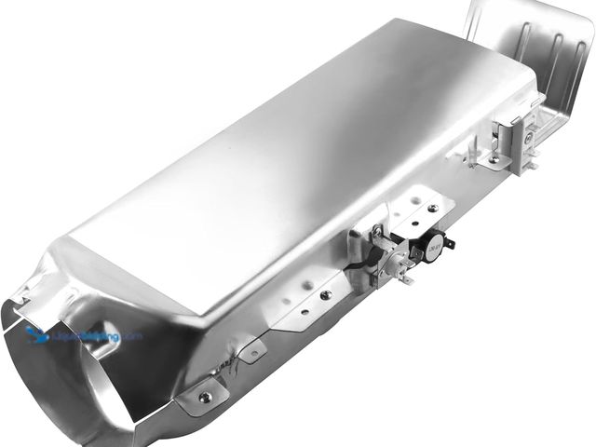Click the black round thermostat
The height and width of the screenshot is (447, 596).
pos(429,249)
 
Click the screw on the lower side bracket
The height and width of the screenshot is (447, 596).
pos(325,295)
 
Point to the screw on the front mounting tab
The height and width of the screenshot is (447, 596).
pos(204,396)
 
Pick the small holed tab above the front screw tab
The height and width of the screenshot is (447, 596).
pos(249,352)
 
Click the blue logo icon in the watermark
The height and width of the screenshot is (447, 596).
pos(37,334)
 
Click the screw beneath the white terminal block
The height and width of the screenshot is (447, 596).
pos(494,161)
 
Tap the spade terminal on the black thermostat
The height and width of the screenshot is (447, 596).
pos(449,244)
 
